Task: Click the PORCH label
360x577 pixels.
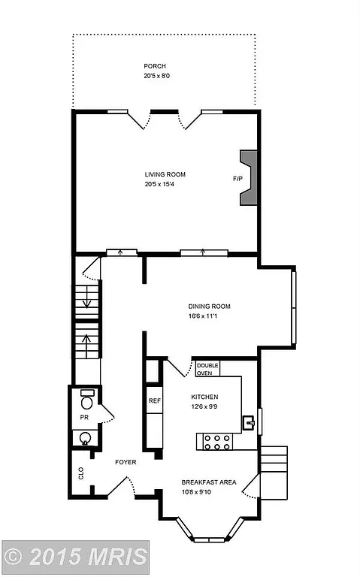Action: [x=155, y=65]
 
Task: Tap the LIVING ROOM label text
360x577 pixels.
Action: [x=165, y=174]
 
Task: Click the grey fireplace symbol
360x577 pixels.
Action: [x=247, y=178]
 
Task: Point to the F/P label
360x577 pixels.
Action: [x=237, y=180]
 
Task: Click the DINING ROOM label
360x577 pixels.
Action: [x=209, y=306]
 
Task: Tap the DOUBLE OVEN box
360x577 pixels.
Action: [x=207, y=368]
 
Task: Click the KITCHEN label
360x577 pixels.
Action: [x=204, y=397]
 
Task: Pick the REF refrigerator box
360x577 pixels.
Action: [x=154, y=401]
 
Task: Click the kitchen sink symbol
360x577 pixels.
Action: [x=250, y=424]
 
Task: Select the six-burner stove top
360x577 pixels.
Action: [x=217, y=442]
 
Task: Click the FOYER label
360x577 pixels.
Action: [x=126, y=462]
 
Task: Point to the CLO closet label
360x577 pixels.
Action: [x=81, y=473]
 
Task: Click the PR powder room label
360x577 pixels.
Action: [x=85, y=417]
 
